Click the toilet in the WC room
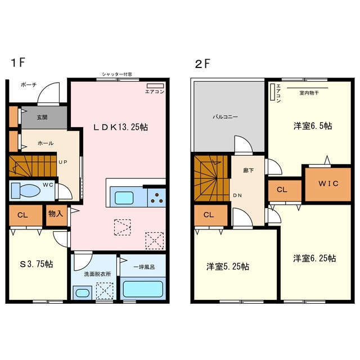(x=26, y=190)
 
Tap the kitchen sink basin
(x=124, y=197)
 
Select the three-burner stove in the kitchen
(x=156, y=197)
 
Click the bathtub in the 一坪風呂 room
(x=143, y=289)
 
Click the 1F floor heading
(x=17, y=62)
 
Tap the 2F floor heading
(x=202, y=64)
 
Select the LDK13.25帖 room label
(x=120, y=127)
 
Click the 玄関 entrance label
(x=42, y=118)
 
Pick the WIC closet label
(x=328, y=183)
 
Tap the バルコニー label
(x=225, y=117)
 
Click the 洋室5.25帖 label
(x=228, y=267)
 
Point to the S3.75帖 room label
(x=37, y=264)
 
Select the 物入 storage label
(x=56, y=214)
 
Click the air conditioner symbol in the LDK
(x=155, y=85)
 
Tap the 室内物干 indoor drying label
(x=309, y=93)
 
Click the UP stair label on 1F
(x=62, y=162)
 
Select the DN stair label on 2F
(x=237, y=195)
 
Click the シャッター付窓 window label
(x=117, y=74)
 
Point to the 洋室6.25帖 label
(x=314, y=259)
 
